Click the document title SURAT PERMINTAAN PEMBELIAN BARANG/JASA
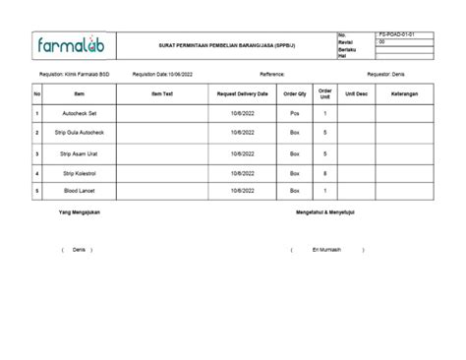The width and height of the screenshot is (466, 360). tap(231, 45)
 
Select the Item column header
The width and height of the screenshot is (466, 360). tap(80, 93)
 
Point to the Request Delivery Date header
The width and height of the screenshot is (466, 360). tap(243, 93)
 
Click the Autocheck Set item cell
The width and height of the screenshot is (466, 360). tap(80, 114)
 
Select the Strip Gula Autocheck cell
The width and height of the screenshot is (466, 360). tap(80, 132)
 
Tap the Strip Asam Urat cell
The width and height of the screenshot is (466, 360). tap(80, 154)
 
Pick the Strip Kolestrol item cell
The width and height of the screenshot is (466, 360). tap(80, 173)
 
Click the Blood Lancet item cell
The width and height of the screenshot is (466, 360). tap(80, 191)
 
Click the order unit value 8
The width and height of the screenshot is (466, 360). tap(325, 173)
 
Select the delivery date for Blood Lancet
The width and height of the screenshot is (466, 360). tap(243, 191)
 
